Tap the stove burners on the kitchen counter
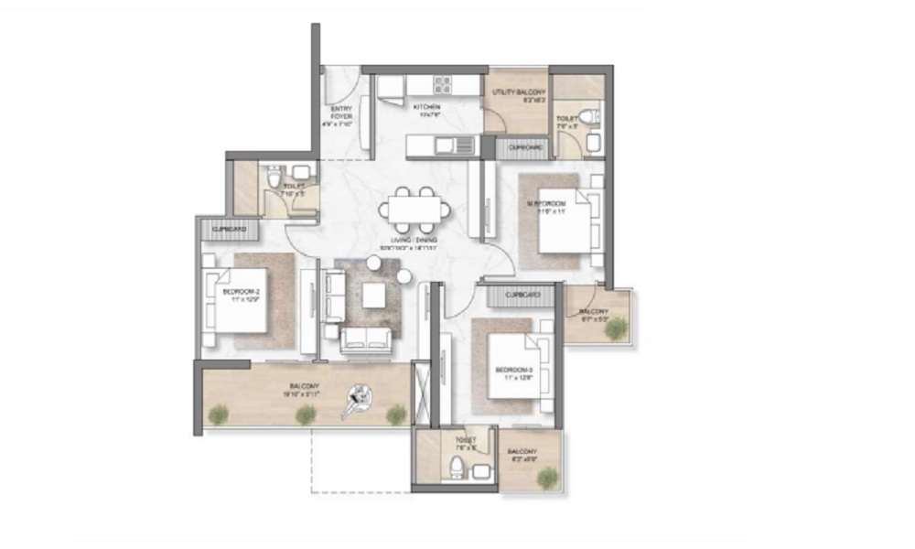point(442,85)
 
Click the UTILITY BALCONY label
point(518,97)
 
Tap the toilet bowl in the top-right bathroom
point(590,116)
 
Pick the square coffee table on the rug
point(373,296)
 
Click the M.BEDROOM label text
point(545,206)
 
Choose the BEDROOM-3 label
point(512,372)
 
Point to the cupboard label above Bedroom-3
point(522,296)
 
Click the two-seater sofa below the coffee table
point(364,340)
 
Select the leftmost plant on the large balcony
point(218,415)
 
